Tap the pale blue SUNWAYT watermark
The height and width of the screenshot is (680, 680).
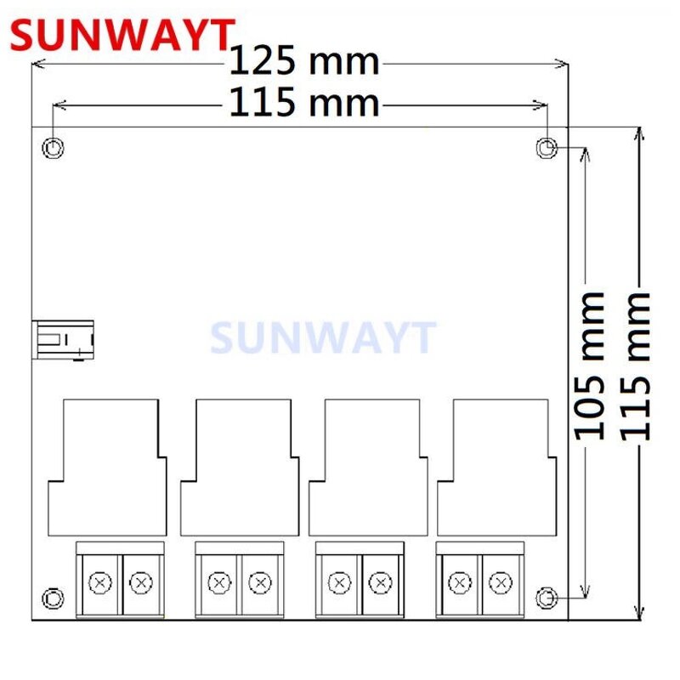click(x=323, y=338)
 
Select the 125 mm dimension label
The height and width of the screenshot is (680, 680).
click(x=305, y=62)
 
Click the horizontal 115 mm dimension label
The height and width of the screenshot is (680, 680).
click(x=304, y=104)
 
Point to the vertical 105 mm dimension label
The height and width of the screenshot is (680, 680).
click(x=588, y=365)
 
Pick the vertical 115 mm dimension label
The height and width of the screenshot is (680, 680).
click(x=636, y=365)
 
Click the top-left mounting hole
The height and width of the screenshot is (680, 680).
click(x=54, y=149)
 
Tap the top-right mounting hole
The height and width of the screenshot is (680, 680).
click(x=547, y=149)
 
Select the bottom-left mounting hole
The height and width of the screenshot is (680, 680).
click(x=54, y=598)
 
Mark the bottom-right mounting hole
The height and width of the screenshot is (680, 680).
click(x=547, y=598)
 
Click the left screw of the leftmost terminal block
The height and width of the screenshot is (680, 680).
click(x=101, y=582)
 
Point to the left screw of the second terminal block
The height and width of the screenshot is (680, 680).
click(x=219, y=582)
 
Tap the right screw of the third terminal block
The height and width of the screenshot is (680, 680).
click(x=381, y=582)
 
